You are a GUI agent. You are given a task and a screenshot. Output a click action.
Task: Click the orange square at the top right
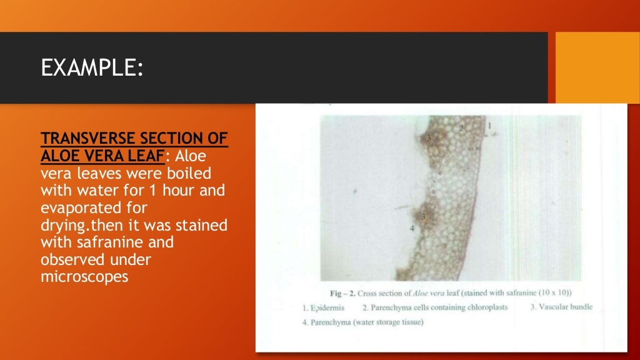pos(597,68)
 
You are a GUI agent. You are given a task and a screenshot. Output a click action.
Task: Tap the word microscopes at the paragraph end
pos(84,276)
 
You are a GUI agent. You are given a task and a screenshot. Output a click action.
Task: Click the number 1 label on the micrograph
pos(489,126)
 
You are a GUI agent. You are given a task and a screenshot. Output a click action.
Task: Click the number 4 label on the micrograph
pos(412,229)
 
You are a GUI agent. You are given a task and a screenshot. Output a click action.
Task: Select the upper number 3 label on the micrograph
pos(429,137)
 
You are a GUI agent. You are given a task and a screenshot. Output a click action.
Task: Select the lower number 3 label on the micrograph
pos(424,216)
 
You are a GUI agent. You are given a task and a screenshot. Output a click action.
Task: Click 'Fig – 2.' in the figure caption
pos(342,293)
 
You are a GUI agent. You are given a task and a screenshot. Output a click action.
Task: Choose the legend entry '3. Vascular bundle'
pos(561,307)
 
